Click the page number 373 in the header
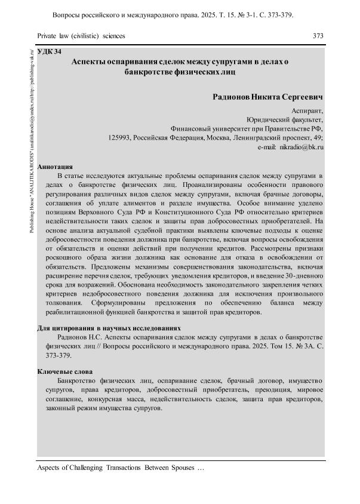[318, 36]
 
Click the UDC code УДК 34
[49, 53]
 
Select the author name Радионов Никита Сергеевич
[267, 96]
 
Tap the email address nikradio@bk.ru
[301, 146]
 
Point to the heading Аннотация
[55, 167]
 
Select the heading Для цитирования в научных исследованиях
[109, 328]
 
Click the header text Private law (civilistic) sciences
[81, 36]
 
